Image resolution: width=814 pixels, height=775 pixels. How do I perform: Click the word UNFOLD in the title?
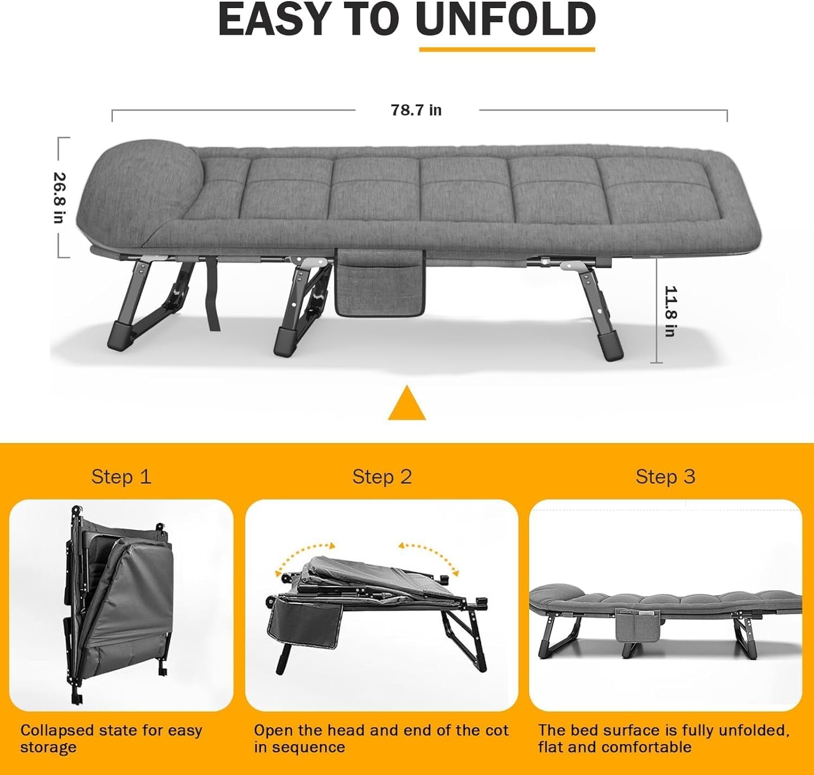[x=506, y=19]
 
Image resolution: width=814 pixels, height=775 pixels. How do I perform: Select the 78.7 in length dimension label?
[x=416, y=110]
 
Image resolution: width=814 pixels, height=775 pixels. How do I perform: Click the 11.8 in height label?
[x=670, y=311]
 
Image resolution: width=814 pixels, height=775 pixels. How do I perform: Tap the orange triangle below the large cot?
[x=406, y=403]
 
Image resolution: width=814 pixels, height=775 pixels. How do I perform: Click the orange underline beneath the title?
[x=507, y=50]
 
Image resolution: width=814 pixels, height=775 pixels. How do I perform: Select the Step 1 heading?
[x=122, y=477]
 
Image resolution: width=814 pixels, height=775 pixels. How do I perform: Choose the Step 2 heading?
[x=381, y=477]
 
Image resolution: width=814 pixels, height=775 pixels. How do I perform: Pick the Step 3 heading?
[x=665, y=477]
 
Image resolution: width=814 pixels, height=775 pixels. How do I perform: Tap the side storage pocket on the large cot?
[x=380, y=282]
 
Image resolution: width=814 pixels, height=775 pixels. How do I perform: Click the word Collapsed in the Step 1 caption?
[x=56, y=731]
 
